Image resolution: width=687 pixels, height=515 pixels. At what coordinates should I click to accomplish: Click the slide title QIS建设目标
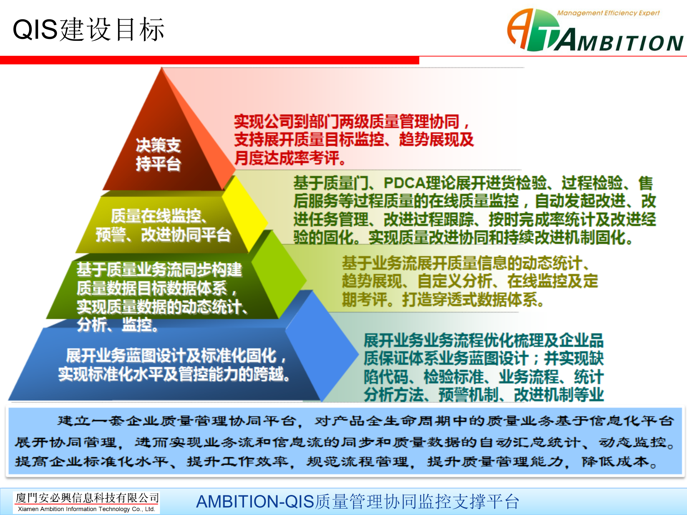pos(88,29)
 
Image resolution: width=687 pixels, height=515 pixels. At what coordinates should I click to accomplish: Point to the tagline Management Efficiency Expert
pos(608,13)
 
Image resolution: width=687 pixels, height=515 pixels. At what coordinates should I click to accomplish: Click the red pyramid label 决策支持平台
pos(158,154)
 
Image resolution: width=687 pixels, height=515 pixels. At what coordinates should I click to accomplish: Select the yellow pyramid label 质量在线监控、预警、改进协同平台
pos(163,225)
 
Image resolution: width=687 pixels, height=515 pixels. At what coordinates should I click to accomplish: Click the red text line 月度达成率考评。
pos(290,158)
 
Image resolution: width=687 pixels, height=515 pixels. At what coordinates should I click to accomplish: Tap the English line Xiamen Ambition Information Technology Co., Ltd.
pos(87,509)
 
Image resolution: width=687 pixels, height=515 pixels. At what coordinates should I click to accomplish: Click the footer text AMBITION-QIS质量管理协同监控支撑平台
pos(357,501)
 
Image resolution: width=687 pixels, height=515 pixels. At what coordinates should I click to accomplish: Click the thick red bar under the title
pos(210,60)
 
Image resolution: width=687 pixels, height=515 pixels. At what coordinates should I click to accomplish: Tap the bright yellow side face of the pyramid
pos(245,215)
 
